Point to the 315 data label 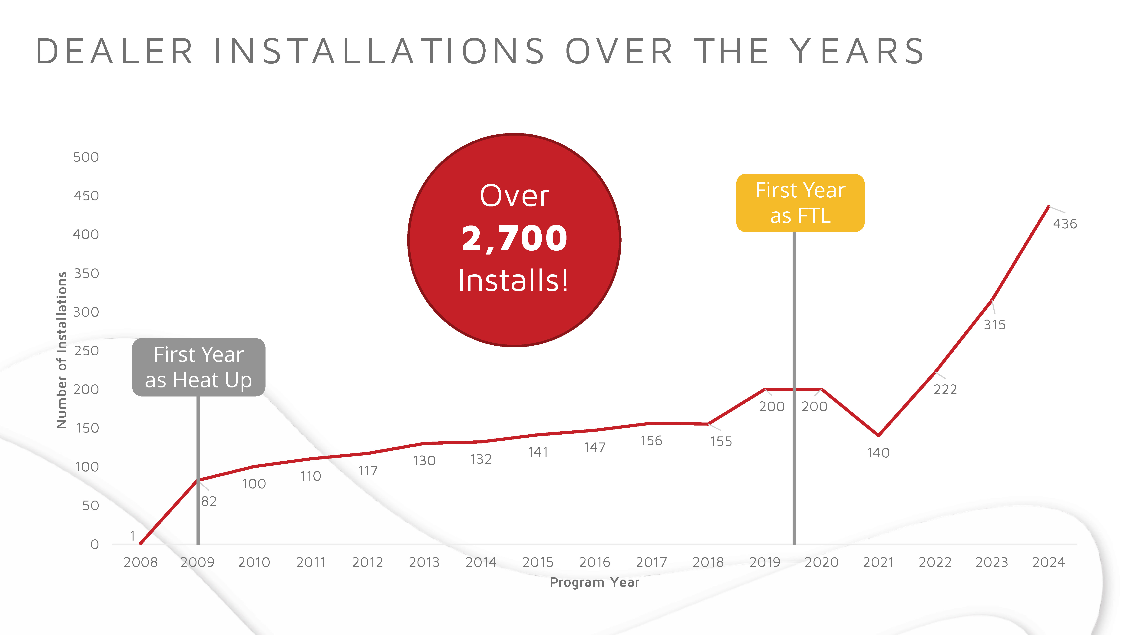click(994, 325)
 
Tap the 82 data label click(209, 501)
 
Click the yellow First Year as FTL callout click(800, 203)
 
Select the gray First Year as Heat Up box click(199, 367)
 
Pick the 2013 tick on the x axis click(424, 562)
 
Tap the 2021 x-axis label click(878, 562)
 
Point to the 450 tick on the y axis click(86, 196)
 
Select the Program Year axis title click(594, 582)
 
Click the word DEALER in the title click(115, 51)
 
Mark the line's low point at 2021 click(878, 435)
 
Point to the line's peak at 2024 click(1048, 206)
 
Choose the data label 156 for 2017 click(651, 441)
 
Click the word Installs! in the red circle click(514, 281)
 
